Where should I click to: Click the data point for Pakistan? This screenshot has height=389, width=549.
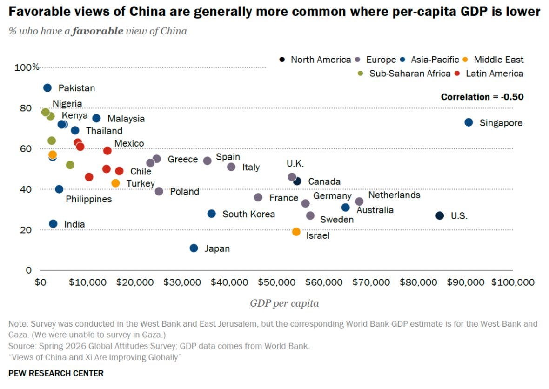pos(47,88)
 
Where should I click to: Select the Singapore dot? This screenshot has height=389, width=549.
pos(469,122)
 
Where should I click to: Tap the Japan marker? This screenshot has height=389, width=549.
pos(194,248)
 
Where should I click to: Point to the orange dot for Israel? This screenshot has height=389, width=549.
pos(296,232)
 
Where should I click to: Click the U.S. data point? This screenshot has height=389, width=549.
pos(440,216)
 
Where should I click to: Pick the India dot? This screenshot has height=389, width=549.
pos(53,224)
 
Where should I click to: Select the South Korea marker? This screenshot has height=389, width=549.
pos(212,214)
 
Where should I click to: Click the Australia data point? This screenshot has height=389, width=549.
pos(346,208)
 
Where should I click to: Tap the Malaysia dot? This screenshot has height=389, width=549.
pos(96,118)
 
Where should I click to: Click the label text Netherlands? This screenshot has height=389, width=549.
pos(394,194)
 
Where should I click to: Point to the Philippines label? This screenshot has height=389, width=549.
pos(88,199)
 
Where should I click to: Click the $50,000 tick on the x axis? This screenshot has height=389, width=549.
pos(277,282)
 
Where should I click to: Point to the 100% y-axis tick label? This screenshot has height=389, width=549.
pos(27,67)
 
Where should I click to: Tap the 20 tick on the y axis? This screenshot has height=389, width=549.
pos(26,230)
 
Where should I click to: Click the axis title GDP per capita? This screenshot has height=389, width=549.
pos(284,303)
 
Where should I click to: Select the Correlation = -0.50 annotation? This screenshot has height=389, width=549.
pos(482,97)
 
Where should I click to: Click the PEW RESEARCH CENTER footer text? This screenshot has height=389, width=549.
pos(56,373)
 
